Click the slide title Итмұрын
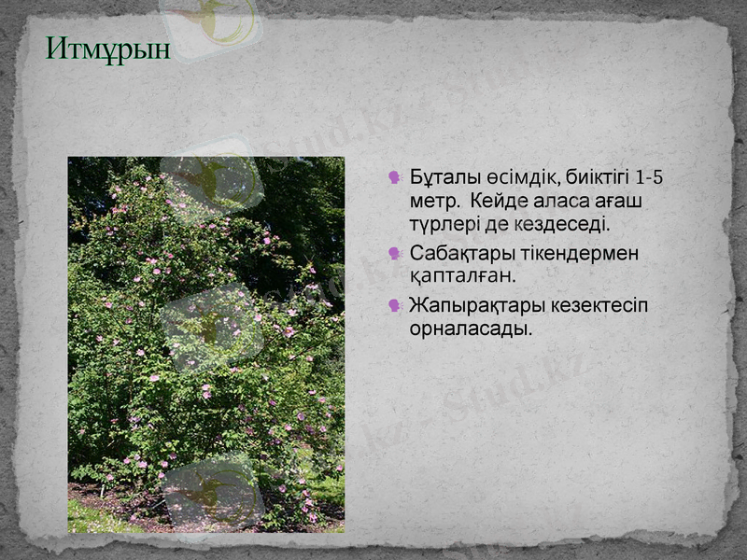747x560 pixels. tap(108, 49)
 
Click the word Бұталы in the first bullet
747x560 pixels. tap(444, 177)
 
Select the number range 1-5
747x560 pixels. tap(648, 177)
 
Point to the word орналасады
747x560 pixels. tap(471, 329)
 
